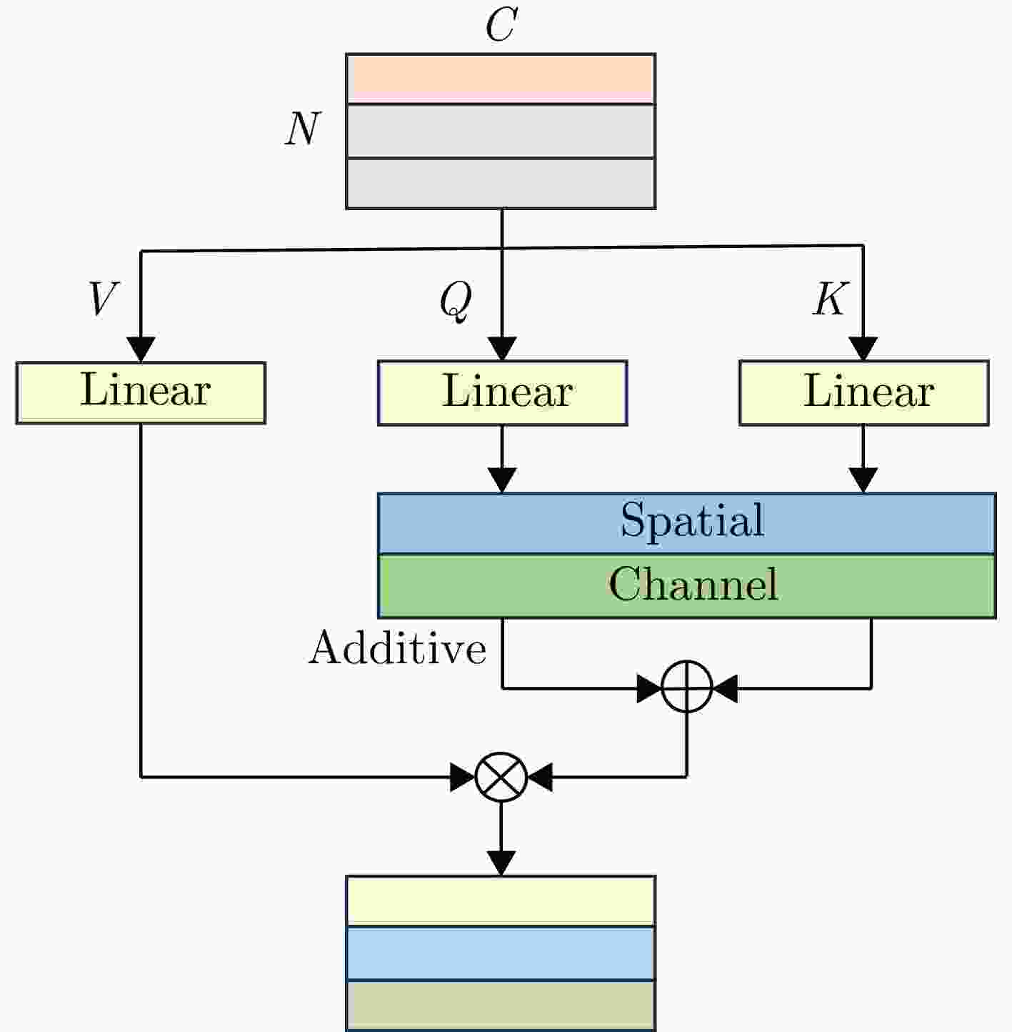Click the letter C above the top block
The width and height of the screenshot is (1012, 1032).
[x=501, y=24]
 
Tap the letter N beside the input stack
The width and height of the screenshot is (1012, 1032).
[x=303, y=129]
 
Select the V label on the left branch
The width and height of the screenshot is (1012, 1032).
[x=103, y=298]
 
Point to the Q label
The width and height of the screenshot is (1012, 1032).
[x=456, y=302]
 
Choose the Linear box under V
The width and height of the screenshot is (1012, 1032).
[x=141, y=393]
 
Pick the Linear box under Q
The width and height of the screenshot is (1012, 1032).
[x=503, y=393]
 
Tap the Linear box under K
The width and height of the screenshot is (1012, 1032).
[x=864, y=393]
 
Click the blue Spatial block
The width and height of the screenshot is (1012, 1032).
[x=687, y=523]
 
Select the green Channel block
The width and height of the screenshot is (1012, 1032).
[x=687, y=586]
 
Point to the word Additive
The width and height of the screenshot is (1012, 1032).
[x=398, y=648]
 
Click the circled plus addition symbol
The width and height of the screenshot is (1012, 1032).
[x=687, y=687]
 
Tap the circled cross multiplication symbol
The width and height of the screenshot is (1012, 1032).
[x=501, y=777]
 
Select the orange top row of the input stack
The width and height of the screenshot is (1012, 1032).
[x=501, y=79]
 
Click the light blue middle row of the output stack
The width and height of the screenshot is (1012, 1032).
[x=501, y=953]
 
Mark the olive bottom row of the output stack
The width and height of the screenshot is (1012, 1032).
[x=501, y=1005]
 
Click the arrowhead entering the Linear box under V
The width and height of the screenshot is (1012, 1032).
[x=141, y=349]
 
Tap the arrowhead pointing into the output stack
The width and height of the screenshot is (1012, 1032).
[x=501, y=863]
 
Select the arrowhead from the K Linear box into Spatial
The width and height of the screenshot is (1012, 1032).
[x=863, y=480]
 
